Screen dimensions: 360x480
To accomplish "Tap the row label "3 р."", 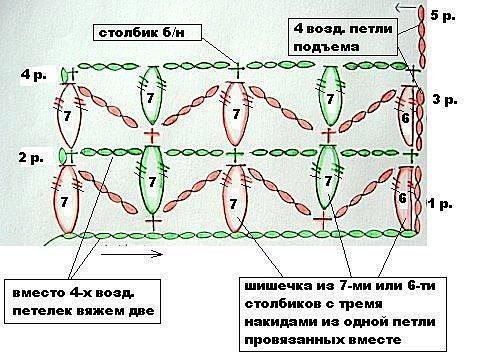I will coord(444,99).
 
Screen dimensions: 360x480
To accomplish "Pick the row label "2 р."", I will coord(32,157).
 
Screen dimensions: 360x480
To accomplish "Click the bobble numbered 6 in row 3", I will coord(404,117).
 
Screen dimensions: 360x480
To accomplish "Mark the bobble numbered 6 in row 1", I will coord(403,199).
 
